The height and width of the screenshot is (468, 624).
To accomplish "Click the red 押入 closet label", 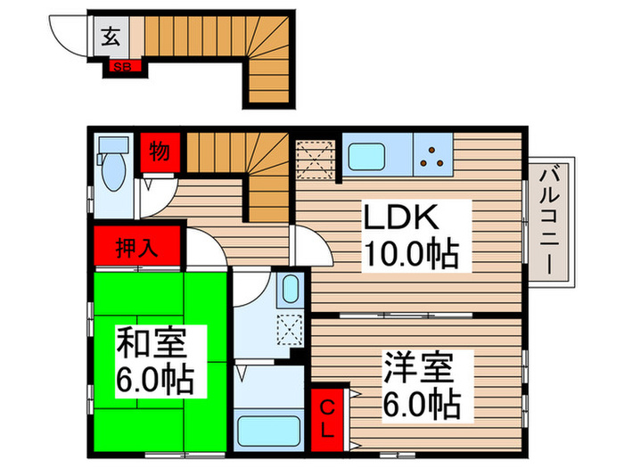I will [x=137, y=247].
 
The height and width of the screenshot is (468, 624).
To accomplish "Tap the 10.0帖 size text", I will [x=409, y=255].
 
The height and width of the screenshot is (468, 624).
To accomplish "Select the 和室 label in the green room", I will [x=150, y=343].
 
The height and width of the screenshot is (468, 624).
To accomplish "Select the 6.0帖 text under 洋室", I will [x=422, y=404].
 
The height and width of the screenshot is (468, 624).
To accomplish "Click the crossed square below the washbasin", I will [x=291, y=328].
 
